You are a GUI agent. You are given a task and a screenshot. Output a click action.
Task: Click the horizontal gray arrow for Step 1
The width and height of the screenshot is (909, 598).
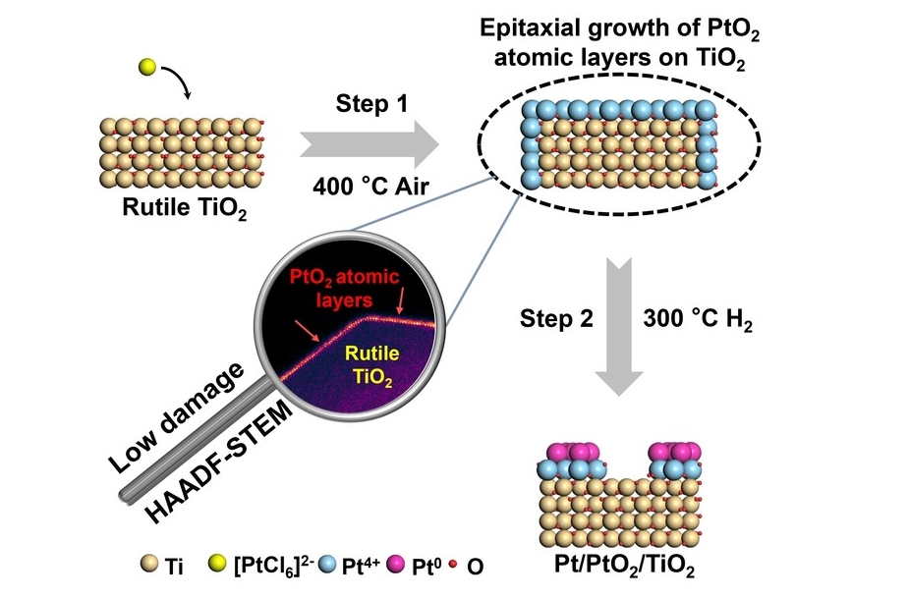coord(369,146)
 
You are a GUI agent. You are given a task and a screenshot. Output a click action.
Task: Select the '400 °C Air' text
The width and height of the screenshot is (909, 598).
coord(371,187)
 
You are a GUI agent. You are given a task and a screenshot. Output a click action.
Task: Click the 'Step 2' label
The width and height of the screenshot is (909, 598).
coord(555,319)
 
